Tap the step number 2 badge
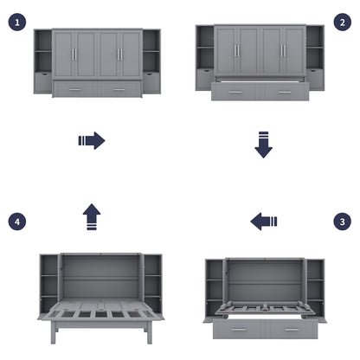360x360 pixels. pos(341,22)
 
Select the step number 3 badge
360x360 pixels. pos(341,221)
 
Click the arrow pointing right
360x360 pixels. pos(91,140)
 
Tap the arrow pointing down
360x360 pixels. pos(263,145)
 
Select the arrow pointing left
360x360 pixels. pos(264,222)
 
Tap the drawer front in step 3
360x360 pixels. pos(265,330)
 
